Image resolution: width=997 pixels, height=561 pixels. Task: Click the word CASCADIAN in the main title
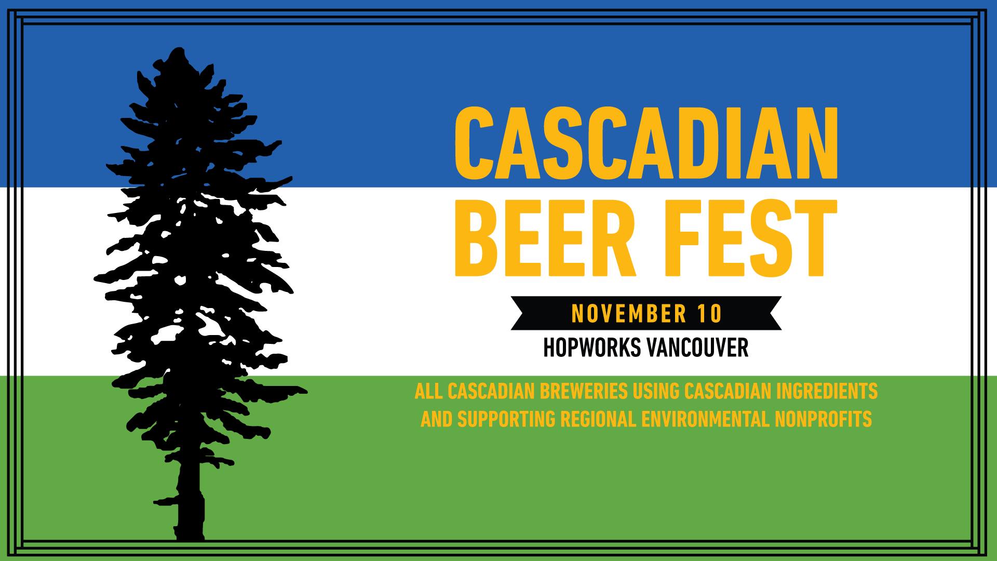click(x=646, y=143)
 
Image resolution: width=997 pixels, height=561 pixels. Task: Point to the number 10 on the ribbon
click(x=708, y=313)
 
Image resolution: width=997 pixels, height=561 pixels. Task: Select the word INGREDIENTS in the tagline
click(x=827, y=391)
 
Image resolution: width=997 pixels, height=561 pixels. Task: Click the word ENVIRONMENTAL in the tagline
click(x=705, y=419)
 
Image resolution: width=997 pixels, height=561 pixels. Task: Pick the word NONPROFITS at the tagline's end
click(x=823, y=419)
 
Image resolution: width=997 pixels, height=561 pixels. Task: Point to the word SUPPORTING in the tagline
click(x=506, y=419)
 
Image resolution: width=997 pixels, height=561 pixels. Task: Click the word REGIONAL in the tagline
click(x=598, y=419)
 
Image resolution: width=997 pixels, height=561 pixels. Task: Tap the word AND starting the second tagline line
click(x=437, y=419)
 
